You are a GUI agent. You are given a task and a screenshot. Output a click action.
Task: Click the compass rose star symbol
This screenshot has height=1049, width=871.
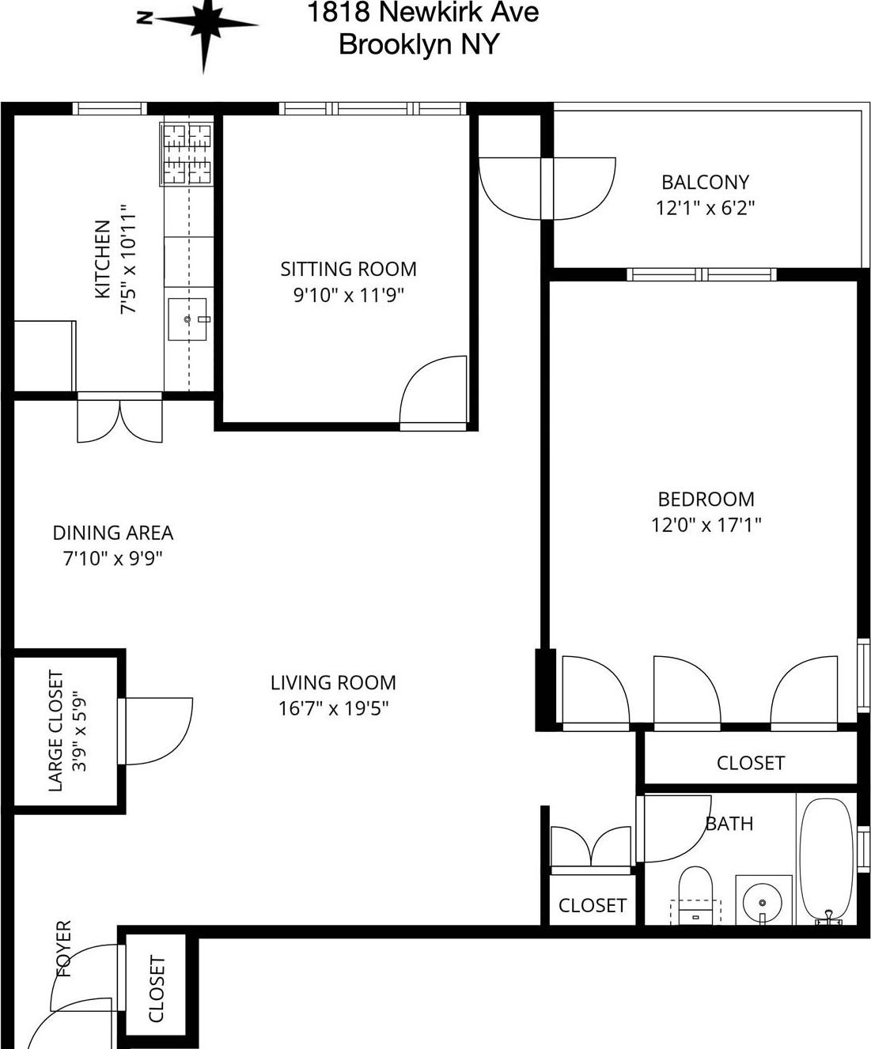pyautogui.click(x=204, y=25)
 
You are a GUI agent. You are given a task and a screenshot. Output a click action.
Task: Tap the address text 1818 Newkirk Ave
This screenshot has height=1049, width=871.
pyautogui.click(x=422, y=13)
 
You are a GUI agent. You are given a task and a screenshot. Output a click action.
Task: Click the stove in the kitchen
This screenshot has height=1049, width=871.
pyautogui.click(x=188, y=154)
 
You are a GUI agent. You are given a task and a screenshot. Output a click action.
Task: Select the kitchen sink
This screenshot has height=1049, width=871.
pyautogui.click(x=187, y=319)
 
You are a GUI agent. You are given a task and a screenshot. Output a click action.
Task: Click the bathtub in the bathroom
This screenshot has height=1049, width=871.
pyautogui.click(x=825, y=861)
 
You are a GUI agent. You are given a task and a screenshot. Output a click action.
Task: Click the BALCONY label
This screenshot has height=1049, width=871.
pyautogui.click(x=705, y=183)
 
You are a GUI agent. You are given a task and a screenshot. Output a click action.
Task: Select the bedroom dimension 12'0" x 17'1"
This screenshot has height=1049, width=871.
pyautogui.click(x=706, y=525)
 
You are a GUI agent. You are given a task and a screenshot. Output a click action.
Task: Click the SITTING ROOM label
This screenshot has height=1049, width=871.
pyautogui.click(x=348, y=270)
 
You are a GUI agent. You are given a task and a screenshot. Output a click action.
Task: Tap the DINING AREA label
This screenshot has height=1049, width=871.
pyautogui.click(x=112, y=533)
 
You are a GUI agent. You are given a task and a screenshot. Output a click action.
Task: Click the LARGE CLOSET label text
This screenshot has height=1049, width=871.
pyautogui.click(x=56, y=730)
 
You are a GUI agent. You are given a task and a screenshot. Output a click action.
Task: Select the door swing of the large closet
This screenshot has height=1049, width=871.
pyautogui.click(x=158, y=730)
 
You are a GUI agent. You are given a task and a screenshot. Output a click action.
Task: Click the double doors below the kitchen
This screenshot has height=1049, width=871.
pyautogui.click(x=119, y=421)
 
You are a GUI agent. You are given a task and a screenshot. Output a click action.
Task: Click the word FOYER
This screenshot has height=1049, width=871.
pyautogui.click(x=63, y=948)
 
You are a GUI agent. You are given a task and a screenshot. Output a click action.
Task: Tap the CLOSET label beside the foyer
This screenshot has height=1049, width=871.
pyautogui.click(x=156, y=989)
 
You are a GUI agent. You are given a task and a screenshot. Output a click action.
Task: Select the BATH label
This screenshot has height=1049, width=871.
pyautogui.click(x=729, y=824)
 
